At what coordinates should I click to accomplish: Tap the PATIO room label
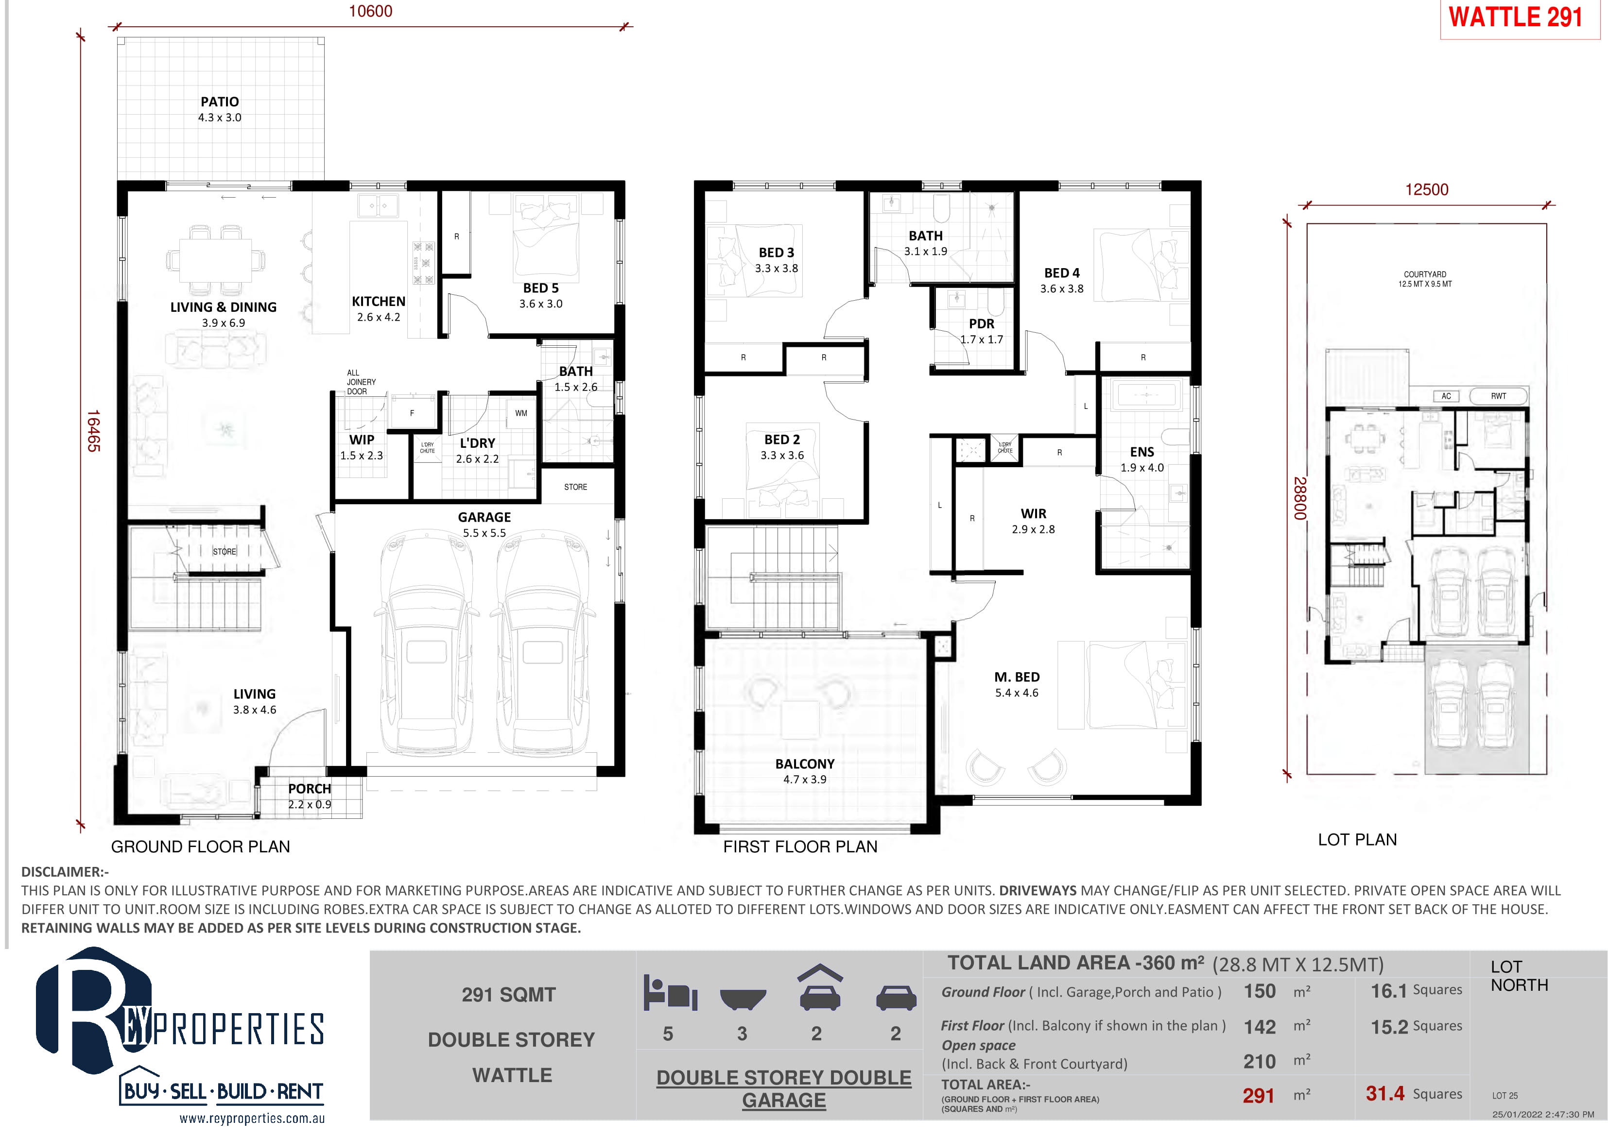(220, 102)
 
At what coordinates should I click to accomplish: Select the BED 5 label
(541, 288)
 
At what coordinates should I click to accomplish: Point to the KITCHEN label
(378, 301)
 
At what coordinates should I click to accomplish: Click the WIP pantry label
(362, 440)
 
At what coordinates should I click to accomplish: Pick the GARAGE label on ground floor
(484, 517)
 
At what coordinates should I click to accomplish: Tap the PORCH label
(310, 789)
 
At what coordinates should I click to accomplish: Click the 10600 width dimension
(370, 11)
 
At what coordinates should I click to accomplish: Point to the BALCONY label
(805, 763)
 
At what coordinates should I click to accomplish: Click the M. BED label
(1017, 677)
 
